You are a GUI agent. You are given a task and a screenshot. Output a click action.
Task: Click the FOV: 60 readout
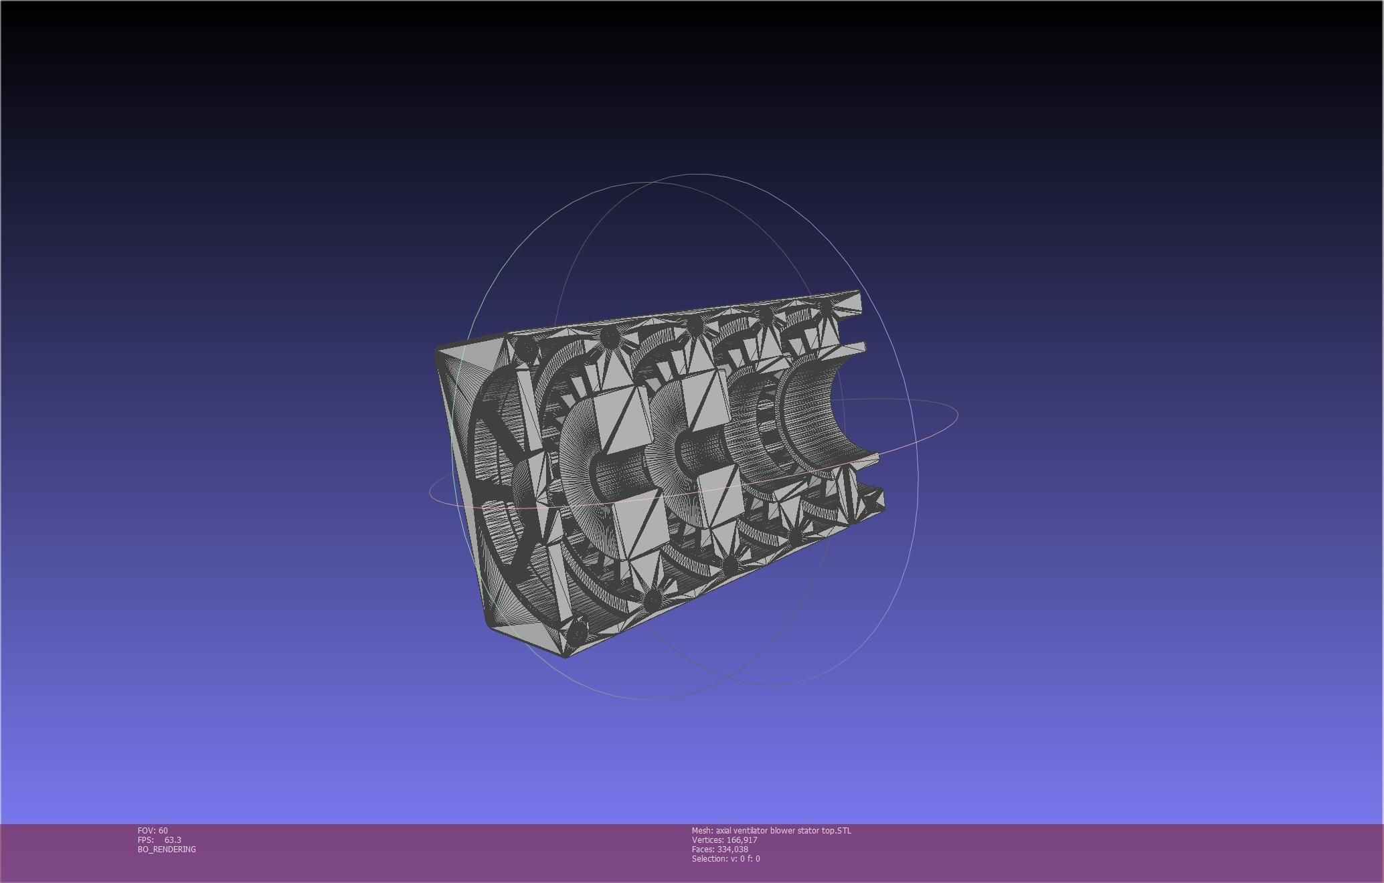coord(153,830)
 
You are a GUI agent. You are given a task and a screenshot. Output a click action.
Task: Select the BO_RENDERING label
coord(167,849)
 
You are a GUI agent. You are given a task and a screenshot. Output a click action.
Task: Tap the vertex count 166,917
coord(742,840)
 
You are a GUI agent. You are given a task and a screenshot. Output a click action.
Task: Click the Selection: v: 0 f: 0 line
coord(725,858)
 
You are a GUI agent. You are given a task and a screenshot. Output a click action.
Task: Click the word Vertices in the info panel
coord(707,840)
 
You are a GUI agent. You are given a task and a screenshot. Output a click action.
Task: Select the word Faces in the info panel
coord(703,849)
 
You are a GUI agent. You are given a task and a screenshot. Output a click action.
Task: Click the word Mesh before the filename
coord(701,830)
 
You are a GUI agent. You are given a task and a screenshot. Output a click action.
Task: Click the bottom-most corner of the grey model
coord(566,656)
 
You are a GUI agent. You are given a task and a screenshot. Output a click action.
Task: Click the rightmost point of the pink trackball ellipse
coord(958,415)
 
